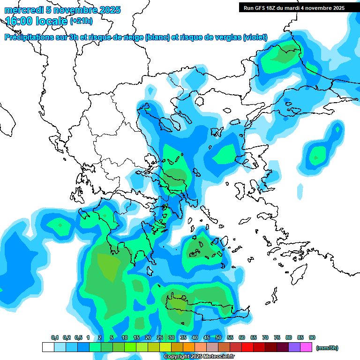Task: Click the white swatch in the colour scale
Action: click(48, 347)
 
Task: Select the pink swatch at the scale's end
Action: click(306, 347)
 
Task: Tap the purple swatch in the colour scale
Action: click(294, 347)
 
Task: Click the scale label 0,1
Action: click(54, 337)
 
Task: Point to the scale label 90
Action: click(312, 337)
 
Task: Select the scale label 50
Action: click(218, 337)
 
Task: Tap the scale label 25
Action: click(160, 337)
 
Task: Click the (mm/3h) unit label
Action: click(327, 348)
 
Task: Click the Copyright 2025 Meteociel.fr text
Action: click(199, 357)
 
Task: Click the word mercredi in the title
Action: click(21, 10)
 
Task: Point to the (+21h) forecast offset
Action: click(81, 21)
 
